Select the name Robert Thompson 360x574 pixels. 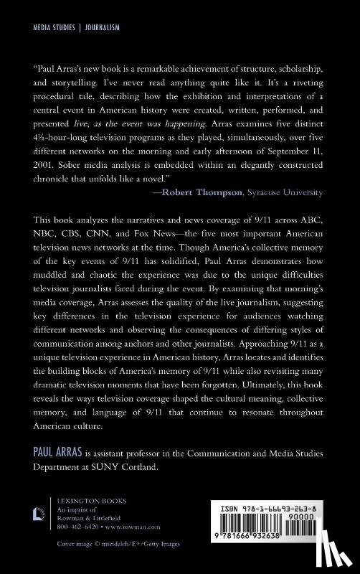click(x=219, y=192)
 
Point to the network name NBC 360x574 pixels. click(x=43, y=235)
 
